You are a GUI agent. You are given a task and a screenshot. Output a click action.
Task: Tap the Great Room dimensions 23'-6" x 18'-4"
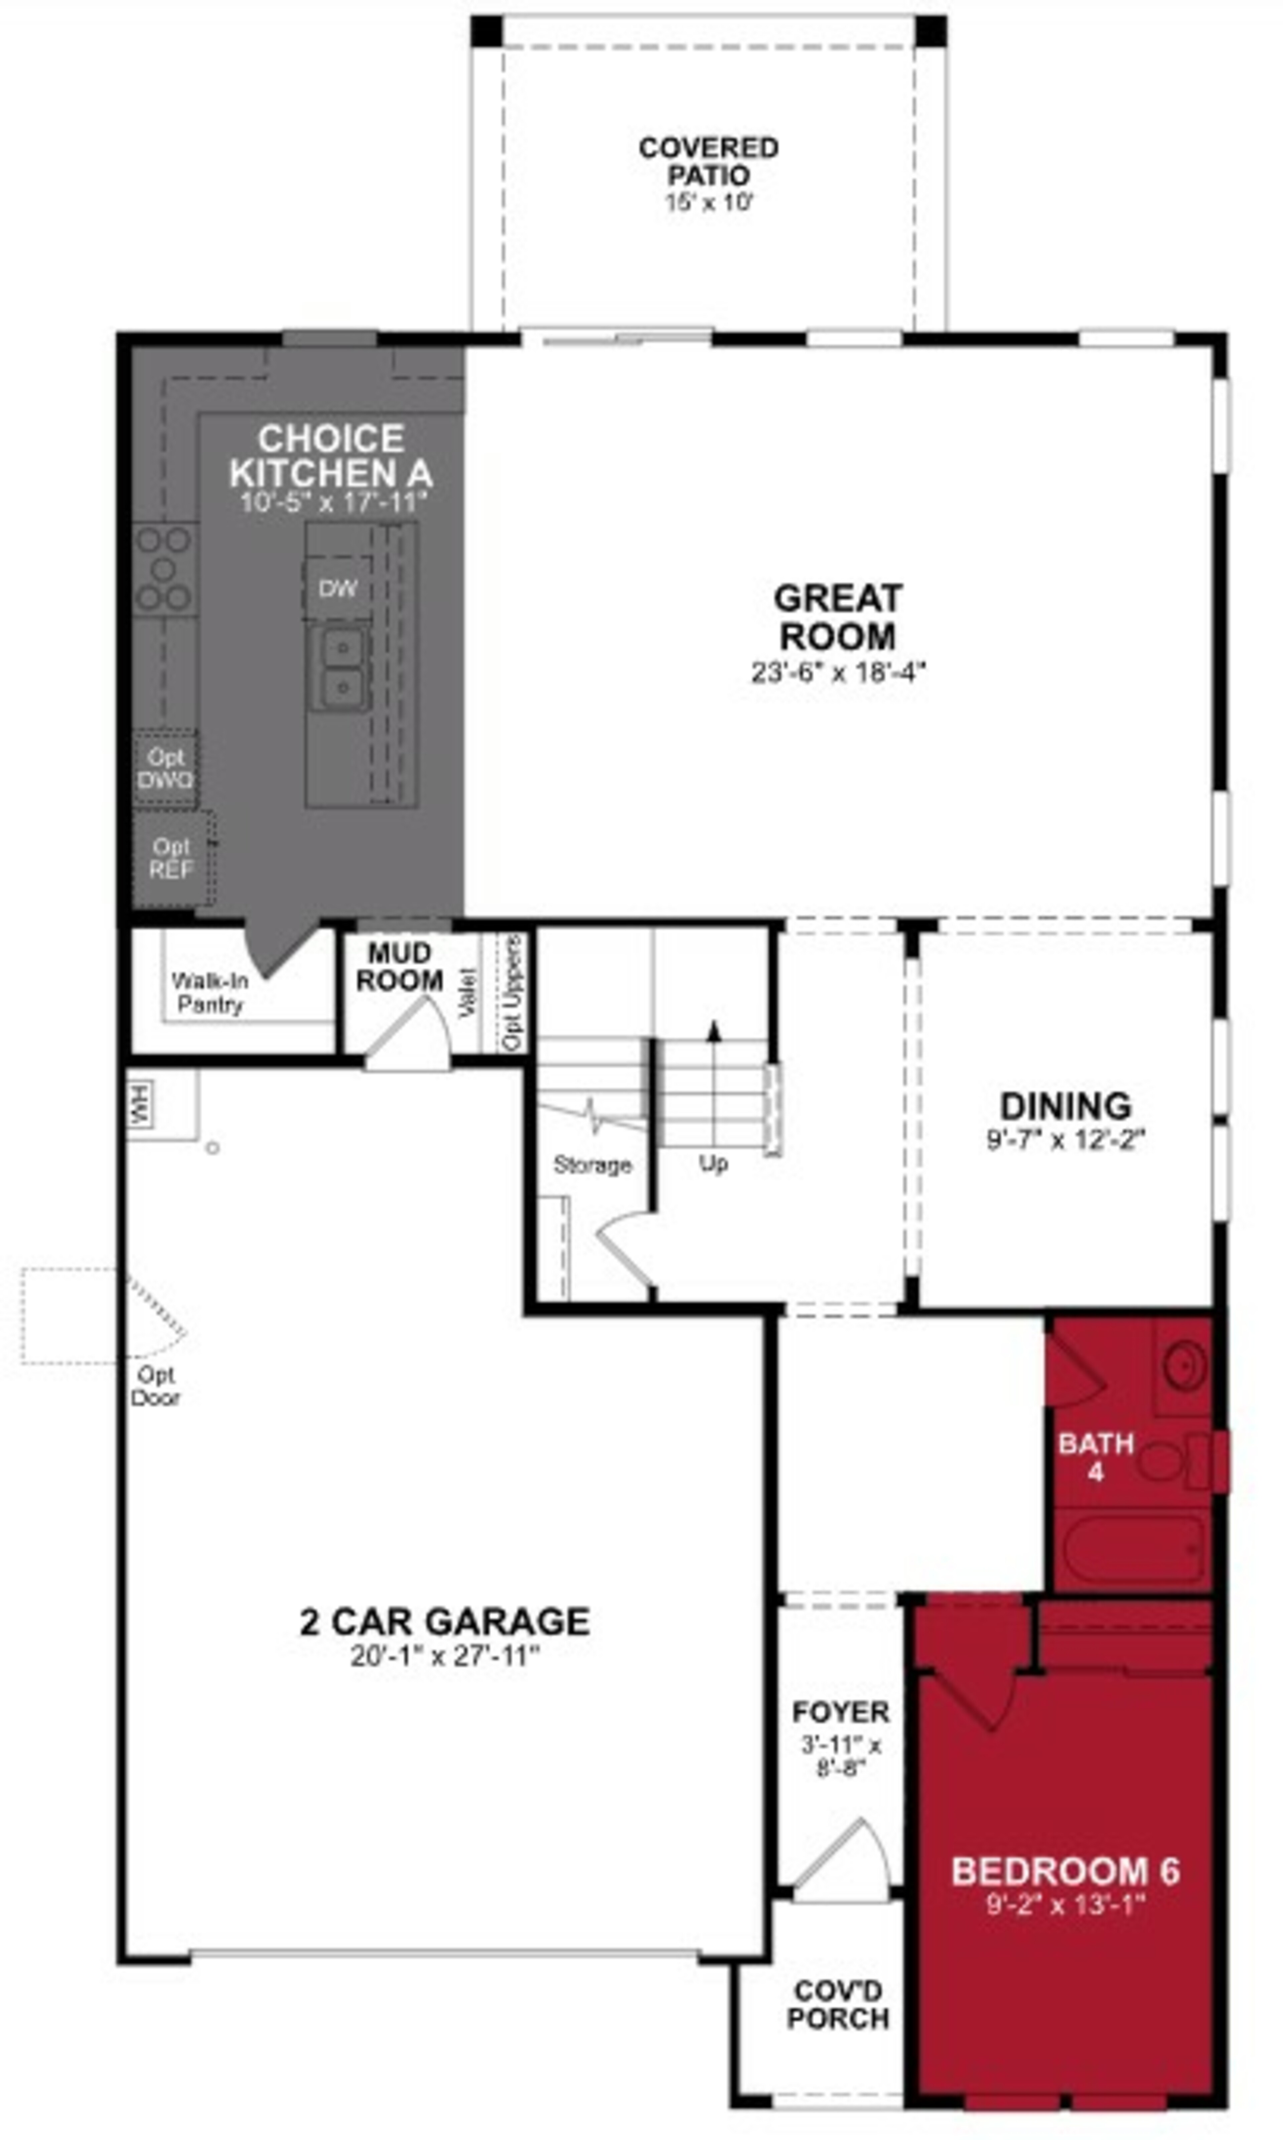(x=838, y=672)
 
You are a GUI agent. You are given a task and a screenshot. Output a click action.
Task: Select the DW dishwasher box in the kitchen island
(x=337, y=589)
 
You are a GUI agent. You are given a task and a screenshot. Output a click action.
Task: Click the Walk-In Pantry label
(x=209, y=993)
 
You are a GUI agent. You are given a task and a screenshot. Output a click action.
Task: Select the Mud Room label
(x=399, y=967)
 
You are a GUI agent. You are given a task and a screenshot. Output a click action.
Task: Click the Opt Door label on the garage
(x=156, y=1386)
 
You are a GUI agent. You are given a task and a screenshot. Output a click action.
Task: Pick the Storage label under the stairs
(x=592, y=1165)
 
